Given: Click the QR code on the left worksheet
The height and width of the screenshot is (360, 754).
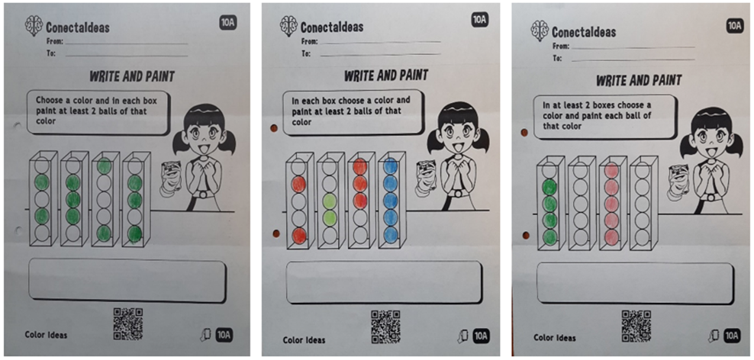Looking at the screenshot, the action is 128,324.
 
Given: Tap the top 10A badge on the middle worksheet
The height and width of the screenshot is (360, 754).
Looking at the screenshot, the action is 479,19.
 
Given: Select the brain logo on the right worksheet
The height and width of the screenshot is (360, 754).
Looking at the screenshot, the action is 540,31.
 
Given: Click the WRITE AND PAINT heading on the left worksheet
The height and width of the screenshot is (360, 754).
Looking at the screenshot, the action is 132,76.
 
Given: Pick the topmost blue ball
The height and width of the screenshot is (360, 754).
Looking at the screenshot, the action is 391,166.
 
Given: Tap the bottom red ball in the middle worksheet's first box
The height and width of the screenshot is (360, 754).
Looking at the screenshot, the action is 299,236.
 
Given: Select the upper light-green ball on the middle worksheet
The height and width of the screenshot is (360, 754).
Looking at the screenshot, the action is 330,201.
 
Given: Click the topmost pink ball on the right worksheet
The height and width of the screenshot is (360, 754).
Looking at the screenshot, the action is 611,171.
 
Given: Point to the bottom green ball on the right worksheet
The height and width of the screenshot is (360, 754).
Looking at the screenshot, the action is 549,237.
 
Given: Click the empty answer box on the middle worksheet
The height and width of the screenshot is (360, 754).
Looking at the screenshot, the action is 384,282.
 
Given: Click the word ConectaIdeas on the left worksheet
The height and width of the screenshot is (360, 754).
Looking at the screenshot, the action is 78,27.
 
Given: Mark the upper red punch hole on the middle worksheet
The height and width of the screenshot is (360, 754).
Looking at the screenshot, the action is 275,129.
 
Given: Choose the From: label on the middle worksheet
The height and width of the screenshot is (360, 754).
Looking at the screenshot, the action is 309,42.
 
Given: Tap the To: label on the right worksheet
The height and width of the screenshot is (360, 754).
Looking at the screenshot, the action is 557,58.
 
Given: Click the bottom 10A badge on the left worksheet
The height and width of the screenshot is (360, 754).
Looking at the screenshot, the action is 224,334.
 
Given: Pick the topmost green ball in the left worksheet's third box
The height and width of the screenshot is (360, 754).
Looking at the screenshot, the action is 105,166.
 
